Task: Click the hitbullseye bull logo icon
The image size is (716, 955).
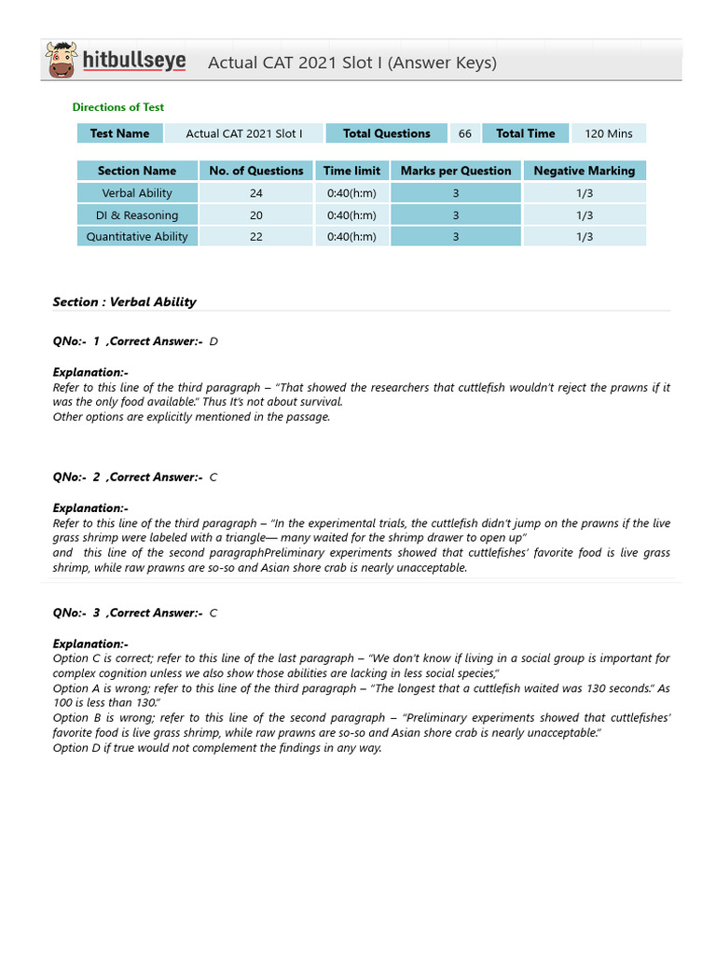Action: pos(62,61)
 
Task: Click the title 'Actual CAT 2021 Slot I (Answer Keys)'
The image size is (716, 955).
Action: pos(351,62)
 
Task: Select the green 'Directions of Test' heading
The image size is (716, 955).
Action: pos(118,107)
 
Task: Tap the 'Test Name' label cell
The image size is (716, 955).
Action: pos(119,133)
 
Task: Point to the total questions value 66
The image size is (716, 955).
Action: pos(464,133)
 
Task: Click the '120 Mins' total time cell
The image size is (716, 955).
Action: pos(608,133)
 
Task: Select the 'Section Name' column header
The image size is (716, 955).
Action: pos(137,171)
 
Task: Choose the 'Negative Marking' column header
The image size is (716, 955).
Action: pos(584,171)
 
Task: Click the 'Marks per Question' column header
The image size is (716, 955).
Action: pos(456,171)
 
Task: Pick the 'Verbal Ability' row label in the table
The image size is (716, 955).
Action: pos(137,193)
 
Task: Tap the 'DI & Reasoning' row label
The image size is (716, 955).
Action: pos(137,215)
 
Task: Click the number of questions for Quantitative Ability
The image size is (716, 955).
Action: pos(256,237)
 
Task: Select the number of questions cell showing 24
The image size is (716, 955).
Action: pos(256,193)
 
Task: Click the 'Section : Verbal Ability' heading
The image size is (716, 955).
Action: pos(125,302)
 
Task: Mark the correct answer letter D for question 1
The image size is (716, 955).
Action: pos(213,341)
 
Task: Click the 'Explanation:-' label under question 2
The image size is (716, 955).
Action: pos(90,508)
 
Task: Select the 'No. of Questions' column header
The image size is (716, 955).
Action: pos(256,171)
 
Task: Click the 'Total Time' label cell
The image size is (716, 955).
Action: pos(525,133)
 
